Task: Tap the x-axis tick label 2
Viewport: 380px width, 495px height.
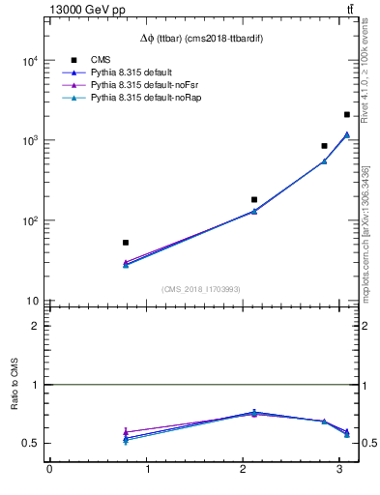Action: tap(243, 471)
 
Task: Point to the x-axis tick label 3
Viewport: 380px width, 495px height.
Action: tap(339, 471)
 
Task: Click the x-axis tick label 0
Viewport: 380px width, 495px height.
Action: tap(49, 471)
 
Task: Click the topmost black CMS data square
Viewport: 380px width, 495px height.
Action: tap(347, 114)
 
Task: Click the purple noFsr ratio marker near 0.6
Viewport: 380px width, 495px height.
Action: tap(126, 432)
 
